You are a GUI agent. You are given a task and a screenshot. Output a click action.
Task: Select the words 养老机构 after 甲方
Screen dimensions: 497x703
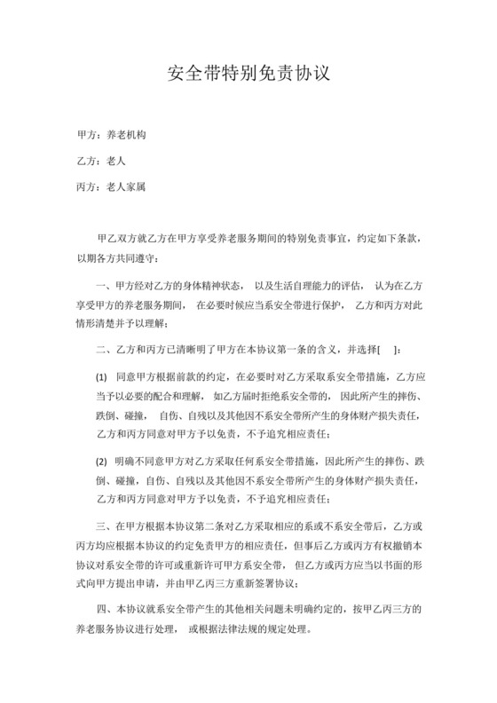pos(126,137)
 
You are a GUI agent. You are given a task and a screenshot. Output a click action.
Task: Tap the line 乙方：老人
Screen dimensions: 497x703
pos(99,162)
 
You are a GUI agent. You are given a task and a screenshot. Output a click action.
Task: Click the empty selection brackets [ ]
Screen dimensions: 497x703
pos(390,348)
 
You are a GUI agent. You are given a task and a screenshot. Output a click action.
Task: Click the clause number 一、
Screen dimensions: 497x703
pos(102,286)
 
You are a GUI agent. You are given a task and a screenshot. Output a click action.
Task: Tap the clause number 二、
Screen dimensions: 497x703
pos(102,348)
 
